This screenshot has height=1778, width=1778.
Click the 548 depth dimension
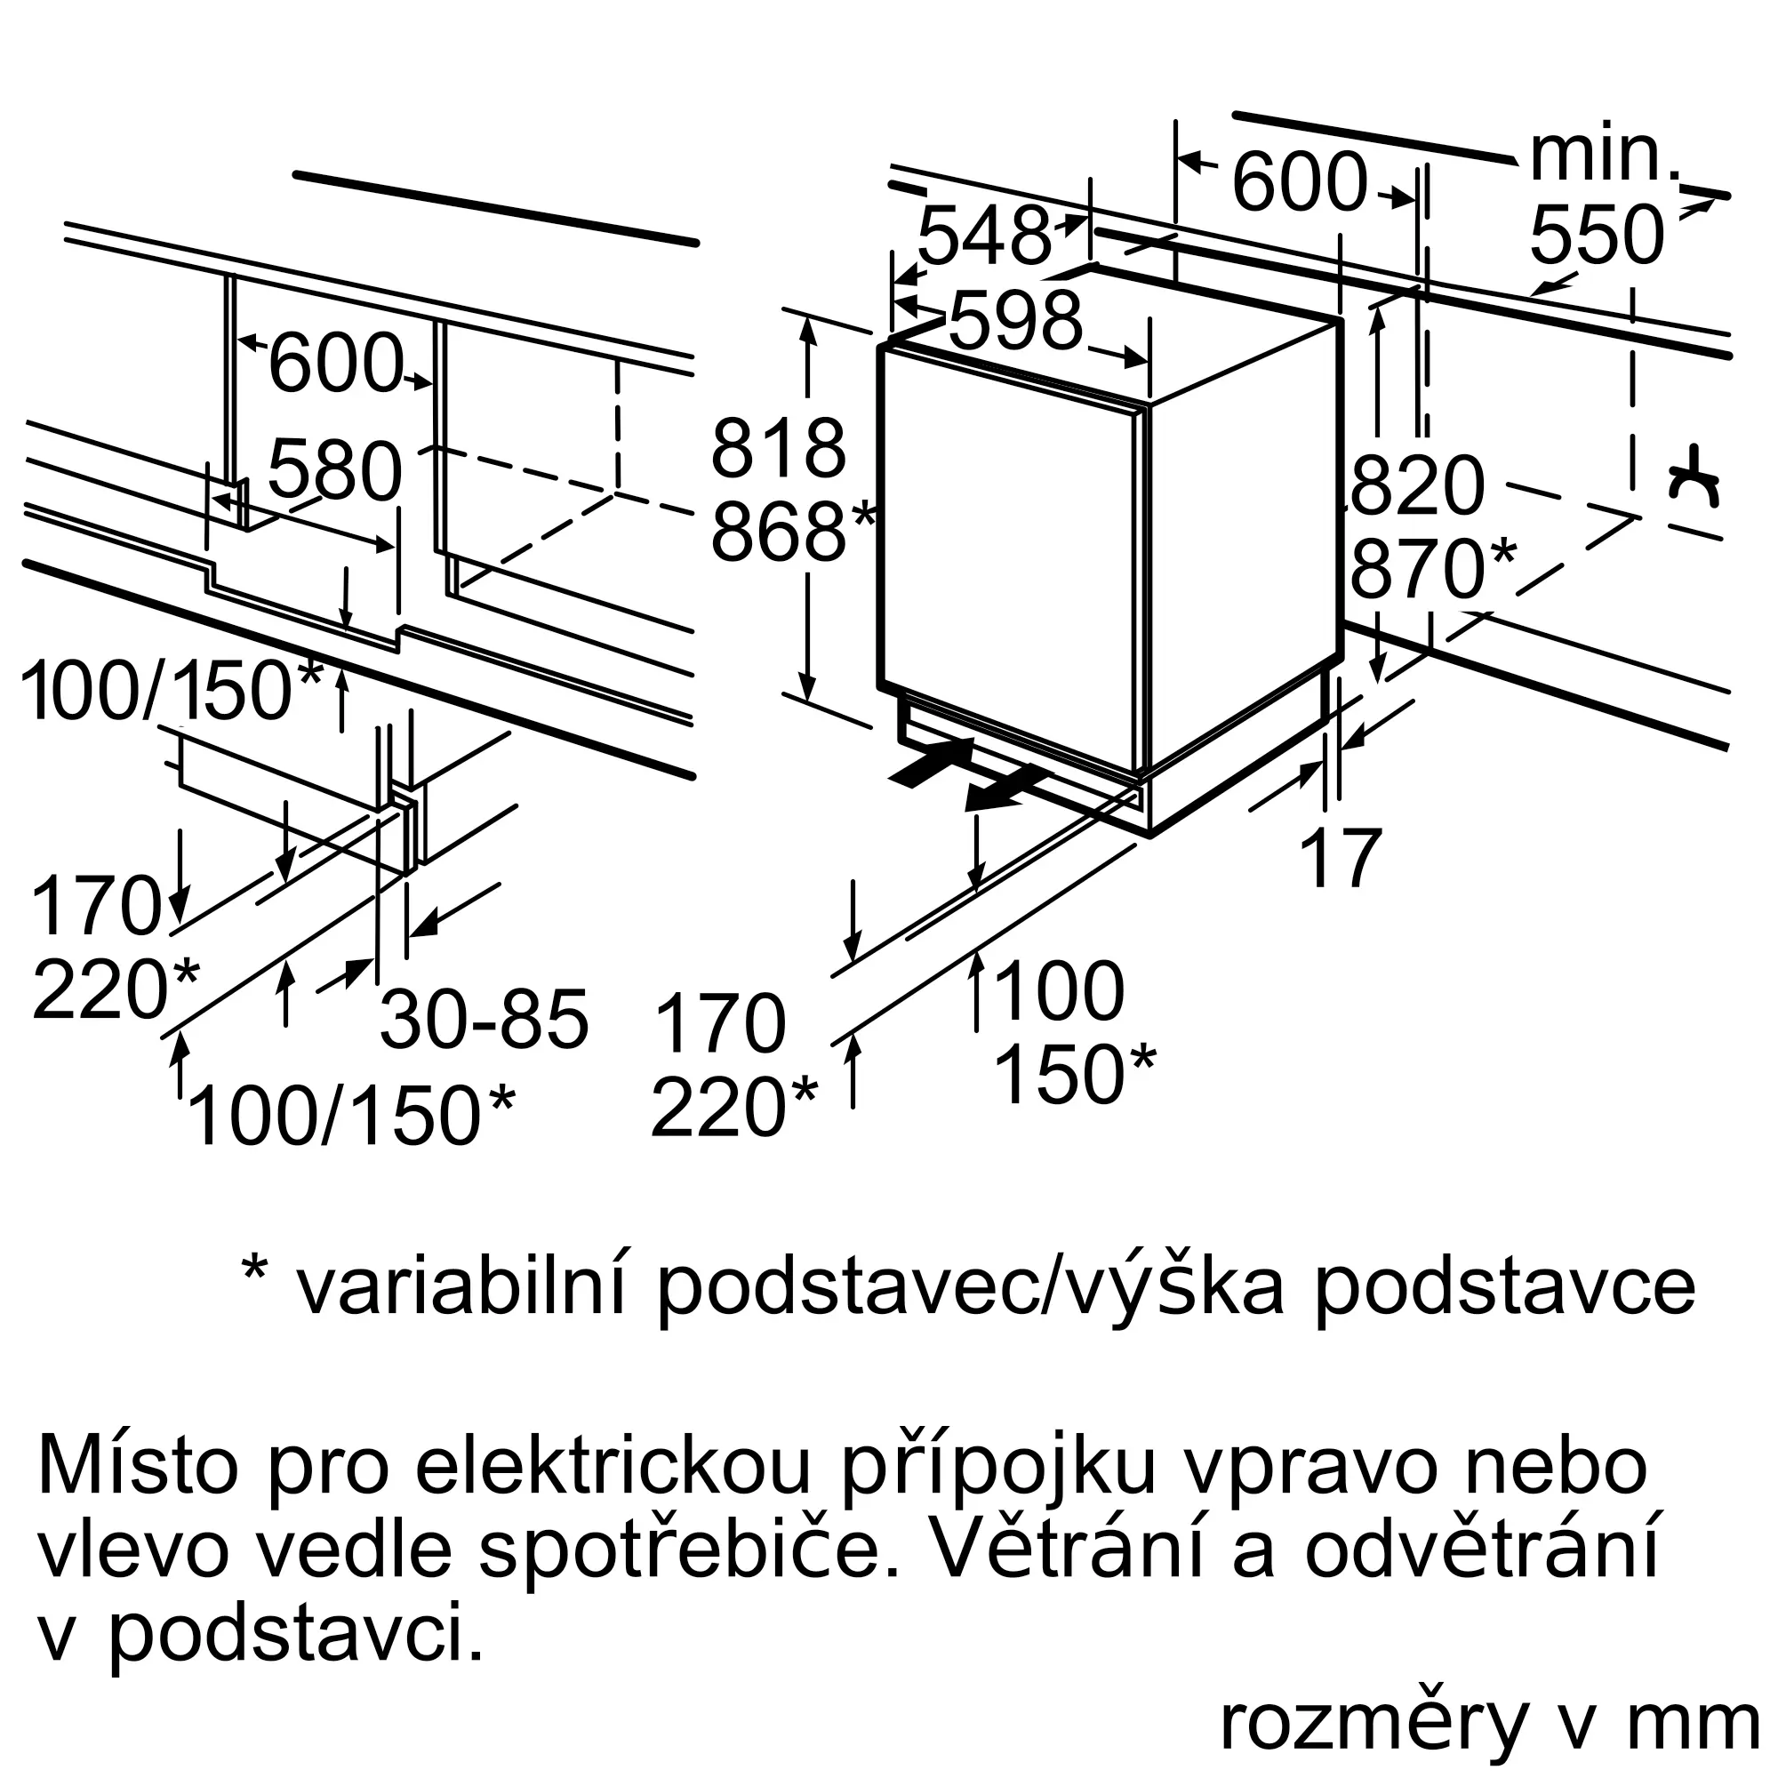pos(984,236)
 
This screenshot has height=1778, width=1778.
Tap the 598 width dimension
pos(1015,321)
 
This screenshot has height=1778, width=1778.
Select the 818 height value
pos(778,448)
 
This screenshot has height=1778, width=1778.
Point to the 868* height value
pos(792,531)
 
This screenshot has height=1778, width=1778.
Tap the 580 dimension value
pos(335,470)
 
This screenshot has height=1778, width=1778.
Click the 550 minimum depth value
pos(1597,236)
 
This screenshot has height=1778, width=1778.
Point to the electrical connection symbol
pos(1694,478)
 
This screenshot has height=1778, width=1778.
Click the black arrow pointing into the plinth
pos(932,762)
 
